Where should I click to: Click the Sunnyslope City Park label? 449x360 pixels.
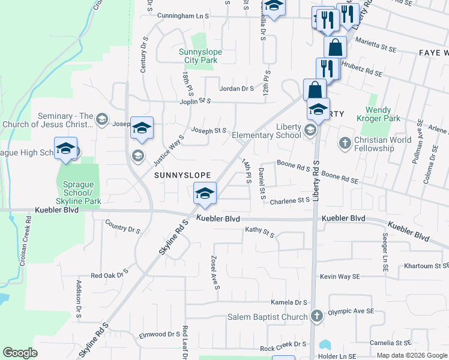200,56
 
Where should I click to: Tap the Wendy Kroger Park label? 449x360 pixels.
387,115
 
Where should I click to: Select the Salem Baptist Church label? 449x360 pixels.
267,317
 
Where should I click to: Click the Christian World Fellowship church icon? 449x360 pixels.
345,143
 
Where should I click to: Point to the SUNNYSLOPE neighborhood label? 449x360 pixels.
183,175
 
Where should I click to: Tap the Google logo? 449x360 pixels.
20,353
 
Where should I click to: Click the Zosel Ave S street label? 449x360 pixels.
214,272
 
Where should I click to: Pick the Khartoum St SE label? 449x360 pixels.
426,265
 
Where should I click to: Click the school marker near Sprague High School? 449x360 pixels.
66,150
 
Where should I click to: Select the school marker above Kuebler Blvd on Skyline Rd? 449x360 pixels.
205,193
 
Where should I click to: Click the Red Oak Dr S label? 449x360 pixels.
109,275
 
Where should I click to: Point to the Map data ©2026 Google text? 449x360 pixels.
412,355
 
